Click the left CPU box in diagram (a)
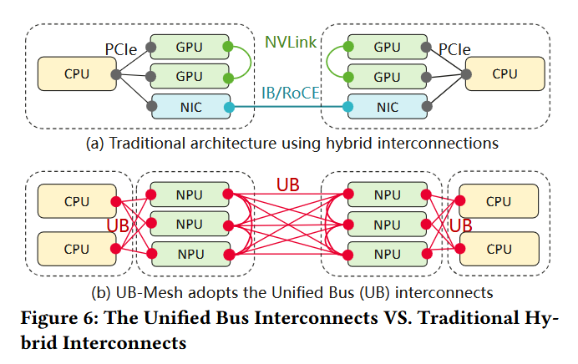click(77, 74)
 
